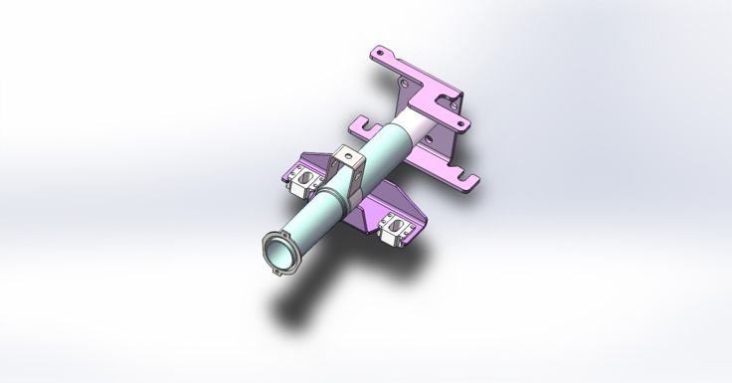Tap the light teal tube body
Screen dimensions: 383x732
(x=316, y=221)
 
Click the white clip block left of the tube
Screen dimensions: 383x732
(x=307, y=179)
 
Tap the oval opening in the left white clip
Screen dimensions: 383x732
(x=307, y=182)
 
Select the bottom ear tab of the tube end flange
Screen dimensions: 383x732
(x=275, y=272)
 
